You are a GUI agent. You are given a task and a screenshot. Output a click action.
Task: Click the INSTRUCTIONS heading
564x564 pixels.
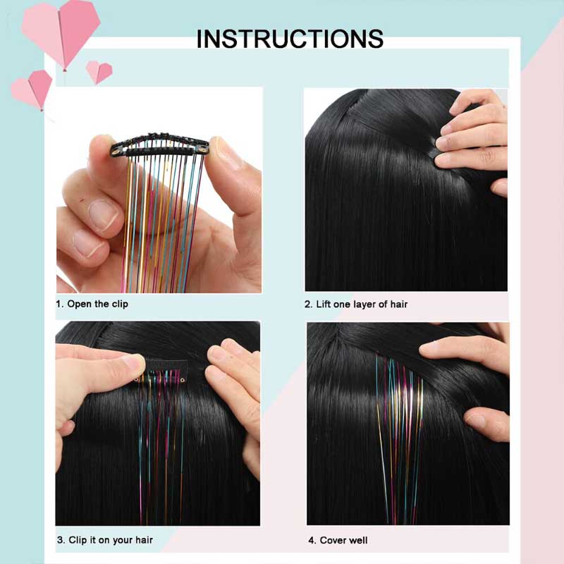(290, 38)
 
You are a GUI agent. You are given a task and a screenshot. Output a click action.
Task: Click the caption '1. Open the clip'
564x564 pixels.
(92, 304)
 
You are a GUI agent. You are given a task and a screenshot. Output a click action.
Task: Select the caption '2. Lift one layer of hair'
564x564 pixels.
(356, 304)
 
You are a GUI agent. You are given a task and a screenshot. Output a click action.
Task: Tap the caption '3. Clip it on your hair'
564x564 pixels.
(104, 540)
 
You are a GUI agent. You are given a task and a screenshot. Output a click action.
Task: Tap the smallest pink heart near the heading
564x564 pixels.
(99, 71)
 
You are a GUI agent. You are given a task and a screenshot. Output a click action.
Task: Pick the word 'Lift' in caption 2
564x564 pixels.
(324, 304)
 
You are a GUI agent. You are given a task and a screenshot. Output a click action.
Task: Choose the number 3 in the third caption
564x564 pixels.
(59, 540)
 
